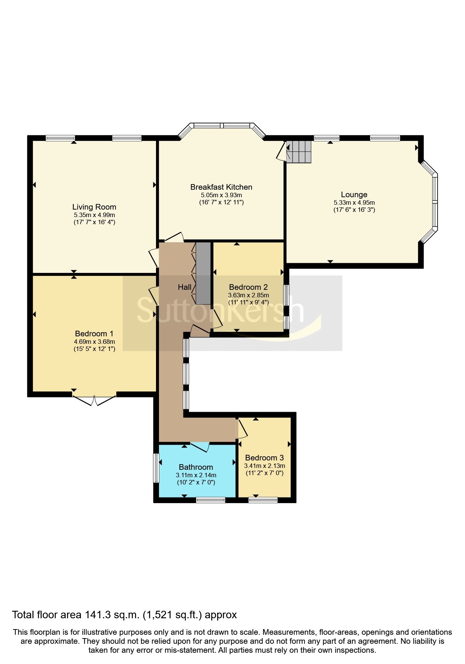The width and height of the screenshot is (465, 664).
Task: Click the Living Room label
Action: pyautogui.click(x=94, y=207)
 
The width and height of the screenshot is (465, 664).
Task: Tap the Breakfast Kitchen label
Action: pyautogui.click(x=221, y=187)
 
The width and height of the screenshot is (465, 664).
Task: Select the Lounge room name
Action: pyautogui.click(x=354, y=195)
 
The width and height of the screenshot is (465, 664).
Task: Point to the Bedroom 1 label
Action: pyautogui.click(x=94, y=334)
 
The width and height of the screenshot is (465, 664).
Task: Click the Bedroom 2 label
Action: pyautogui.click(x=248, y=287)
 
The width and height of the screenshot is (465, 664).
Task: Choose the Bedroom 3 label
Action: pyautogui.click(x=264, y=458)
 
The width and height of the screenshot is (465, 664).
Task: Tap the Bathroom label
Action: pyautogui.click(x=196, y=467)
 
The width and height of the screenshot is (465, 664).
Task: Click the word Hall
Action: pyautogui.click(x=184, y=287)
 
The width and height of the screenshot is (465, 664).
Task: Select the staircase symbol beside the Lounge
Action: pyautogui.click(x=299, y=151)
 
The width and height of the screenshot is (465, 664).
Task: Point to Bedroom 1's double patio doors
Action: pyautogui.click(x=94, y=400)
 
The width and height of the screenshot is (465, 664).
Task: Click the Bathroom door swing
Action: pyautogui.click(x=200, y=447)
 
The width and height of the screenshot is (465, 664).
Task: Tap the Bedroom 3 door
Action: pyautogui.click(x=242, y=429)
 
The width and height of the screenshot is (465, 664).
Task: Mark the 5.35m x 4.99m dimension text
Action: pyautogui.click(x=94, y=215)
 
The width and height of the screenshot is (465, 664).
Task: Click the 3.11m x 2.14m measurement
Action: pyautogui.click(x=196, y=475)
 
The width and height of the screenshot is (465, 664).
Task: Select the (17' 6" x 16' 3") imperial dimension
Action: pyautogui.click(x=354, y=210)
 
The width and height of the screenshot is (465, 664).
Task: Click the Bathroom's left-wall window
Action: pyautogui.click(x=156, y=468)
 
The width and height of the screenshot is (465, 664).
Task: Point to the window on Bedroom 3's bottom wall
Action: pyautogui.click(x=263, y=500)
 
